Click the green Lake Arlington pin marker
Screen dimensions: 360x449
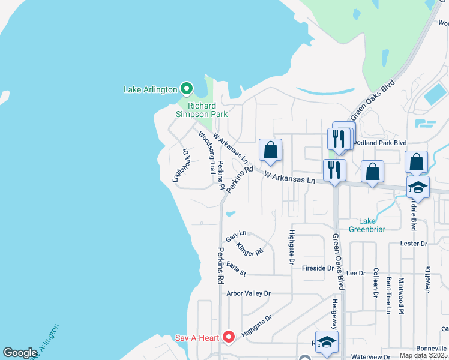click(x=186, y=89)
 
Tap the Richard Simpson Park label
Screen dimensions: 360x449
click(x=202, y=109)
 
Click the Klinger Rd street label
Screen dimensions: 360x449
click(x=250, y=248)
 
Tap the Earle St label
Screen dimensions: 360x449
click(x=236, y=268)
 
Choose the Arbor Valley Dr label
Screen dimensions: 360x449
click(x=249, y=294)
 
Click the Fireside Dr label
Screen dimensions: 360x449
click(x=318, y=268)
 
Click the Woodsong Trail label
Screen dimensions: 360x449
click(x=207, y=153)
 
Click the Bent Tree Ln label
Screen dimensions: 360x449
click(x=389, y=295)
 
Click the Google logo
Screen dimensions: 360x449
click(x=20, y=353)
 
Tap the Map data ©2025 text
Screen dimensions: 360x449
click(x=423, y=355)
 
